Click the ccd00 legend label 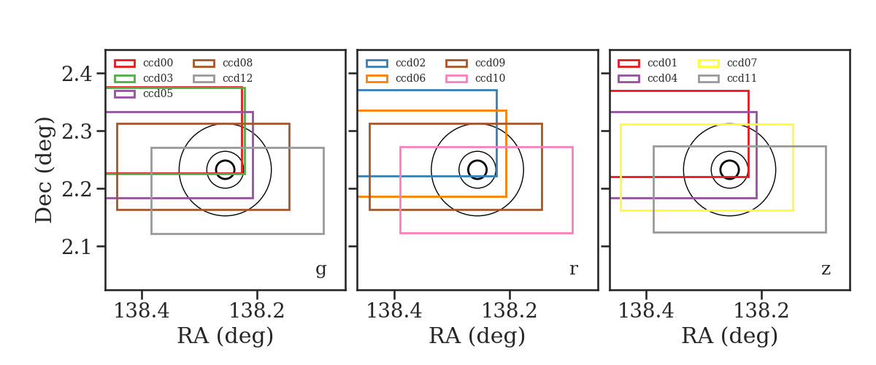(x=158, y=63)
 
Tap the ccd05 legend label (x=158, y=94)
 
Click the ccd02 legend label (x=410, y=63)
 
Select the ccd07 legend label (x=742, y=63)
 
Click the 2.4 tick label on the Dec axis (x=77, y=74)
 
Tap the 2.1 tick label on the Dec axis (x=77, y=247)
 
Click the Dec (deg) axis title (x=43, y=170)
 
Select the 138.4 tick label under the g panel (x=142, y=311)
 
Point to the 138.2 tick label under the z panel (x=761, y=311)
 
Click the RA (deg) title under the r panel (x=477, y=336)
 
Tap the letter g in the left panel (x=320, y=269)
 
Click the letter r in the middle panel (x=573, y=269)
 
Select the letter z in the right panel (x=826, y=269)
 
